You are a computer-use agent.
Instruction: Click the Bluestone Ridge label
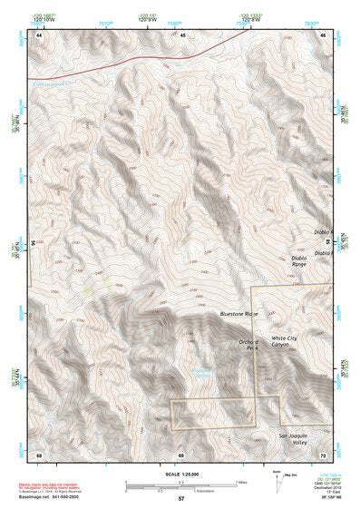coord(240,314)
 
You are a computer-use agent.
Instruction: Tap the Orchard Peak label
coord(249,345)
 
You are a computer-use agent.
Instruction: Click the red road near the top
coord(136,64)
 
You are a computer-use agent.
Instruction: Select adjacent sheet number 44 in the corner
coord(39,34)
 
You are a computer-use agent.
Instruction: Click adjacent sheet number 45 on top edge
coord(182,34)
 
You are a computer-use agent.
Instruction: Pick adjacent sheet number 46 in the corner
coord(324,34)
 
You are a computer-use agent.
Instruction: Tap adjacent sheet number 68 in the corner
coord(39,454)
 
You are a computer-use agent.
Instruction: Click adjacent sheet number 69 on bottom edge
coord(181,454)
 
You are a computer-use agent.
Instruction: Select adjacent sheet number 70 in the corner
coord(324,454)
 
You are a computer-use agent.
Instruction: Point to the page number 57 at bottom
coord(181,499)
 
